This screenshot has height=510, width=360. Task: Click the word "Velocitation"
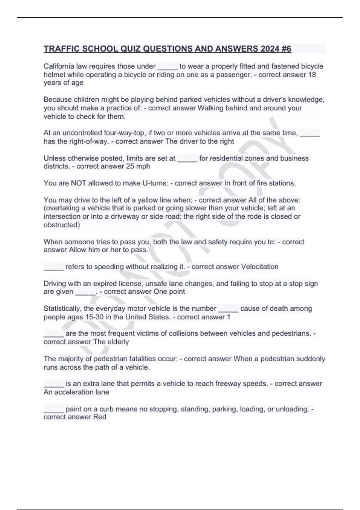(260, 267)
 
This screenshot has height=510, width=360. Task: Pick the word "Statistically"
(62, 309)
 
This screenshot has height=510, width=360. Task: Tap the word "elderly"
(118, 342)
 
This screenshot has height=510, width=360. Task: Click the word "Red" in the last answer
(100, 417)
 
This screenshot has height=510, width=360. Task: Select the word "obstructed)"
(62, 225)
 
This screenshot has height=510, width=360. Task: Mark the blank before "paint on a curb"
(54, 409)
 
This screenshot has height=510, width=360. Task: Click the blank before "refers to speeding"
(54, 267)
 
